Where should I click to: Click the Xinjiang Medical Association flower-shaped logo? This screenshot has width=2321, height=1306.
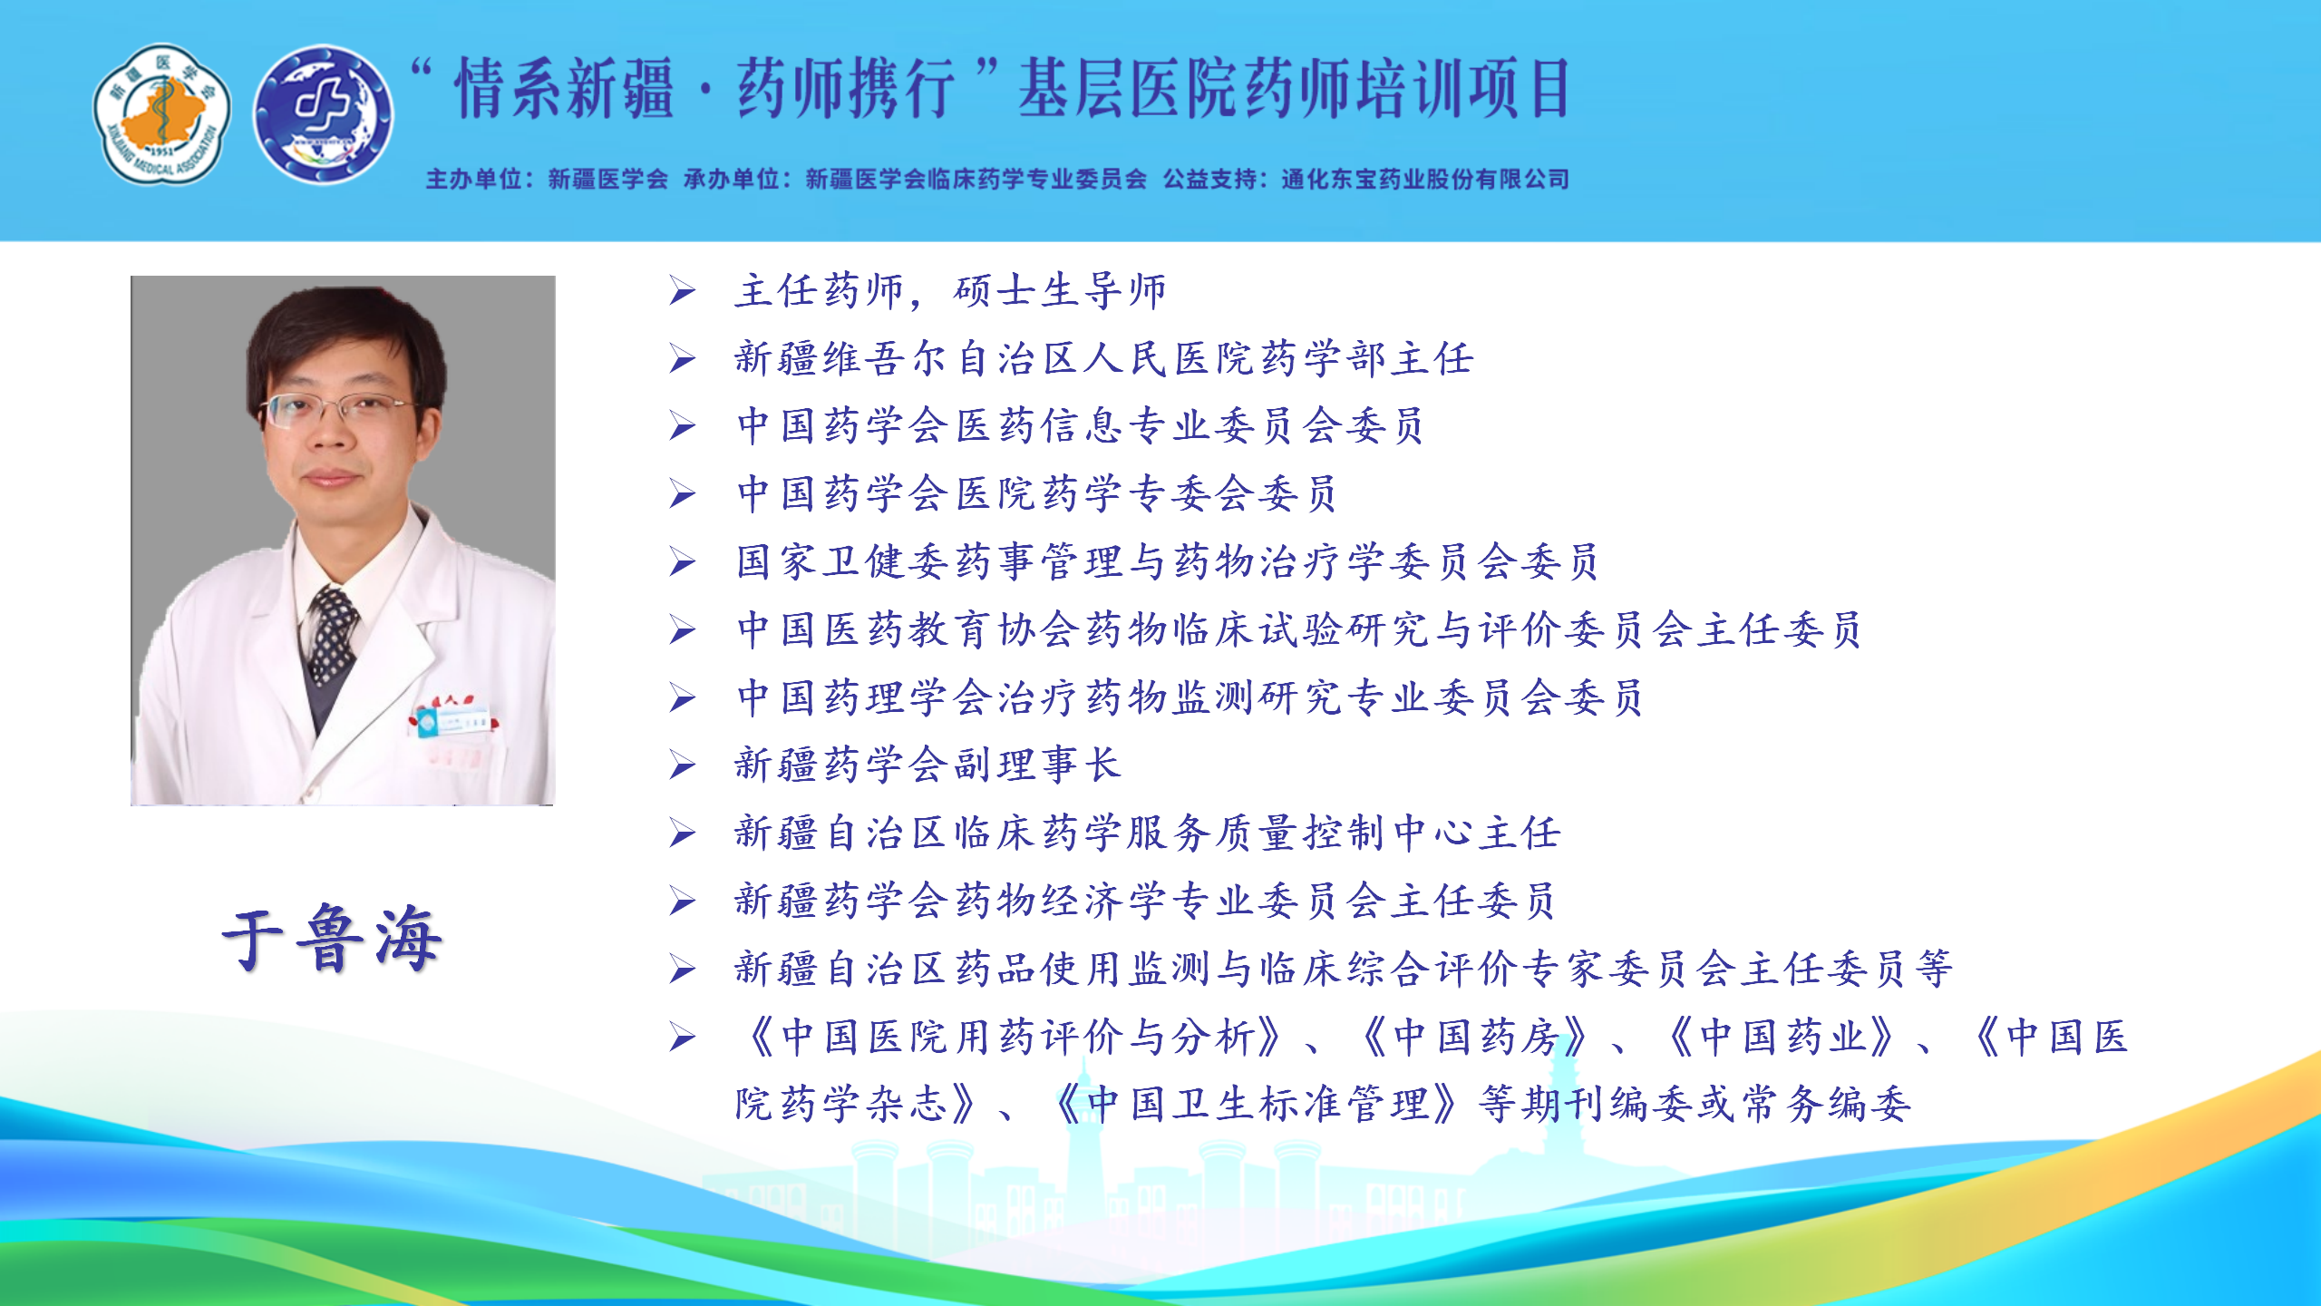click(x=162, y=114)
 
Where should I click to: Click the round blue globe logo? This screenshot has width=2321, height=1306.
click(x=323, y=114)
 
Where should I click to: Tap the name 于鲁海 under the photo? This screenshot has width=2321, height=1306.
click(x=332, y=938)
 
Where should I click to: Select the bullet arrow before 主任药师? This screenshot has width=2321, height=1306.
click(x=683, y=291)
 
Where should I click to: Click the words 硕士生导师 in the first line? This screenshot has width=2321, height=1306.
click(x=1060, y=291)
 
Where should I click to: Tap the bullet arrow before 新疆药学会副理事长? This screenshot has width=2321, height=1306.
click(x=683, y=766)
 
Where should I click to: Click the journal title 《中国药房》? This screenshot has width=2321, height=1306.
click(x=1475, y=1037)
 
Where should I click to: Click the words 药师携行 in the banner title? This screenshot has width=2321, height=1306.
click(x=845, y=88)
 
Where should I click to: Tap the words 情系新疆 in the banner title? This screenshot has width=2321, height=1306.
click(x=564, y=88)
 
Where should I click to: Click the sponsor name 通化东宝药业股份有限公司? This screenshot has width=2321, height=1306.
click(x=1424, y=179)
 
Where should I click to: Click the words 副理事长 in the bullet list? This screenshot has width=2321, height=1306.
click(x=1037, y=765)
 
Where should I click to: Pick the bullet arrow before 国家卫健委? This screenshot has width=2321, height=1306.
click(x=683, y=563)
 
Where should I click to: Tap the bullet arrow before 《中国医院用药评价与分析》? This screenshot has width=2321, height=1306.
click(x=683, y=1038)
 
